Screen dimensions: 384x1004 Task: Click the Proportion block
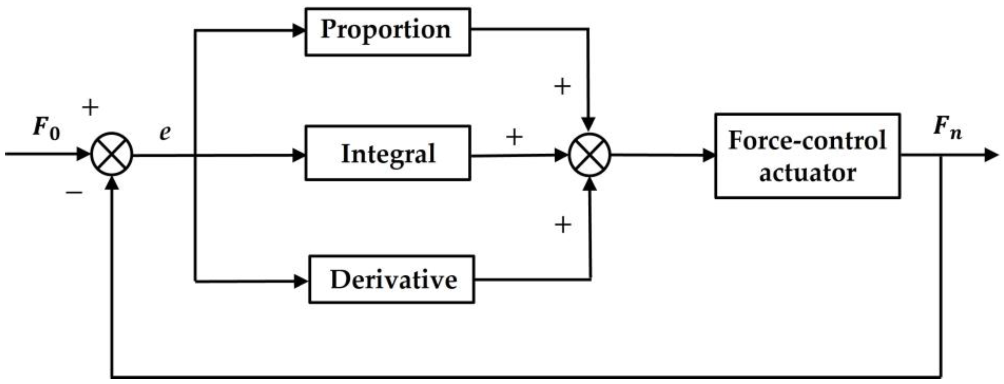point(387,32)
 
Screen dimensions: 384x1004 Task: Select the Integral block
point(387,153)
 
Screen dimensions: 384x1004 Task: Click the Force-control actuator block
point(807,156)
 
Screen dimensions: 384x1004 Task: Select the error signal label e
point(165,133)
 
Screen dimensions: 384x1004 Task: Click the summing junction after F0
point(112,154)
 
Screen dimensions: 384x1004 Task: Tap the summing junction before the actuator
point(590,155)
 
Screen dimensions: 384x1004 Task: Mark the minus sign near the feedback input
point(74,192)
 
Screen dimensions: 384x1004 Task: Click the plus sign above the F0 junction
point(90,107)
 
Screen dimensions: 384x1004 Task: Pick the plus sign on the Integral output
point(514,137)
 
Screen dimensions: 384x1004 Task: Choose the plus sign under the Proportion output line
point(562,86)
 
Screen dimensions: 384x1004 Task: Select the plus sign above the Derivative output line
point(563,225)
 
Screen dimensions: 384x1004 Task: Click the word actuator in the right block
point(807,173)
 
